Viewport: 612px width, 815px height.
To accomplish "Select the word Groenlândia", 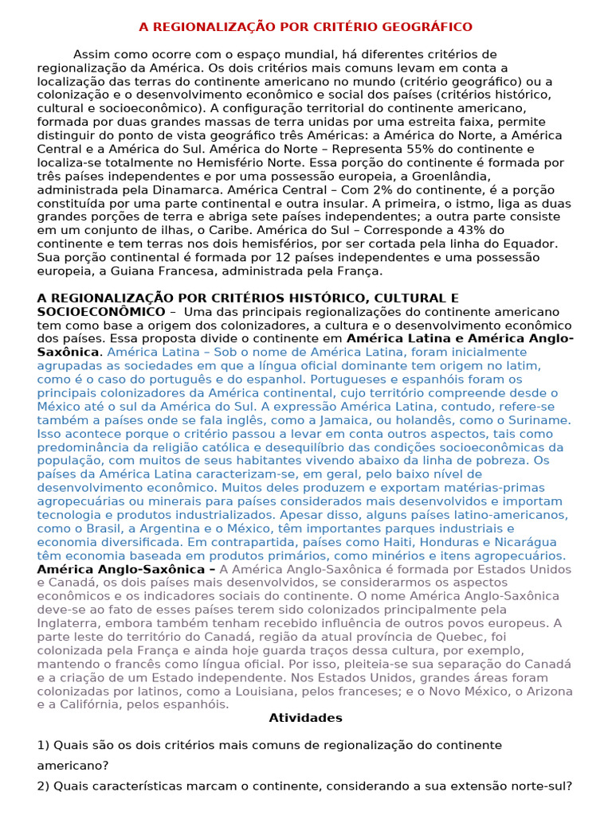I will [x=482, y=176].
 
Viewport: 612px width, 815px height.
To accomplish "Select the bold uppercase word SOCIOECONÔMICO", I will [x=101, y=311].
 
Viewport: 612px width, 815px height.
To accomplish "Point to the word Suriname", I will [x=535, y=419].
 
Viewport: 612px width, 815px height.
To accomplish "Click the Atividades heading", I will [x=306, y=718].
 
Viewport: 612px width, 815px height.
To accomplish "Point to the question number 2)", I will [x=44, y=786].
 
